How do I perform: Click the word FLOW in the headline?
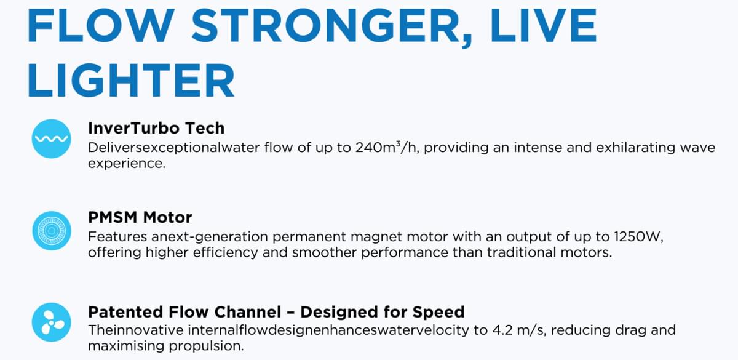tap(101, 26)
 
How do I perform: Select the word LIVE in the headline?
tap(544, 26)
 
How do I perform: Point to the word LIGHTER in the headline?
tap(131, 81)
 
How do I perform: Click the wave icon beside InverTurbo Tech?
tap(52, 139)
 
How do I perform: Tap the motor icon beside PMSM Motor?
tap(52, 231)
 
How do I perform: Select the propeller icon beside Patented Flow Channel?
tap(52, 322)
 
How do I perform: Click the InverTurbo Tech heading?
tap(156, 128)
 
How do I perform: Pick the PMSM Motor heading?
tap(140, 217)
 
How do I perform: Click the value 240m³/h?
tap(386, 147)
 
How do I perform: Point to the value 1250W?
tap(638, 237)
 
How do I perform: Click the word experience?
tap(127, 164)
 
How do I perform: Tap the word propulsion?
tap(206, 346)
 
